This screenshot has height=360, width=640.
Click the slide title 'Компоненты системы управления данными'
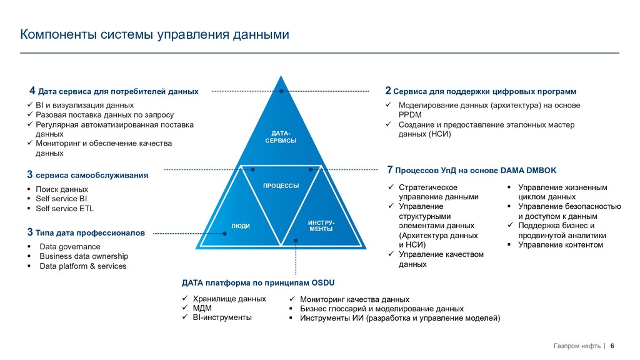coord(154,34)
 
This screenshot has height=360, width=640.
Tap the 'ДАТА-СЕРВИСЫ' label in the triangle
coord(281,137)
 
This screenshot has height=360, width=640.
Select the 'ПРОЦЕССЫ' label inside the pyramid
coord(281,186)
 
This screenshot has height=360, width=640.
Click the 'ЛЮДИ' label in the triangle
coord(241,226)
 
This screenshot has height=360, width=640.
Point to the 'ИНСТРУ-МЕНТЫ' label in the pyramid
coord(321,226)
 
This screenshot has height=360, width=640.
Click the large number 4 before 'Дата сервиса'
coord(32,91)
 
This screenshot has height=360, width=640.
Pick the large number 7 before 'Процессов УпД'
coord(390,169)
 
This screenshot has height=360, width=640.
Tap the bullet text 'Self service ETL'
coord(64,209)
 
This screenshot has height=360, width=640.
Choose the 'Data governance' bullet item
coord(69,247)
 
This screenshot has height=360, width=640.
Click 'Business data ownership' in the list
coord(84,256)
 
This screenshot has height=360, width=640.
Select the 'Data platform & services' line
coord(82,266)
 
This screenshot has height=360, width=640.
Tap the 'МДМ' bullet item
coord(202,308)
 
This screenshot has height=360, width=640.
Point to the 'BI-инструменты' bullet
coord(222,317)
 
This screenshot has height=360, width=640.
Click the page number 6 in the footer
coord(612,346)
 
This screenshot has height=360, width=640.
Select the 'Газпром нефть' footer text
coord(576,346)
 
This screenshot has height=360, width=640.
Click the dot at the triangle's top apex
coord(281,92)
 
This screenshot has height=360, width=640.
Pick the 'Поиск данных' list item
coord(62,189)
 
